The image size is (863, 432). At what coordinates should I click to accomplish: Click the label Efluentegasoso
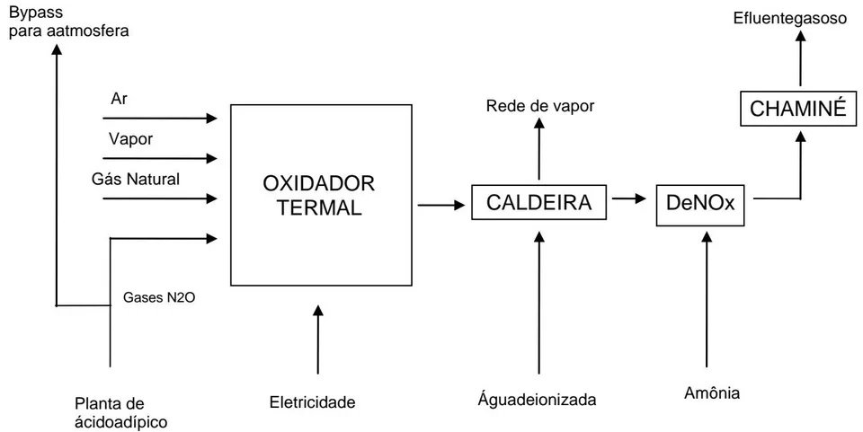tap(790, 18)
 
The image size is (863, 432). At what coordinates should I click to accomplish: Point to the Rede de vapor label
tap(540, 106)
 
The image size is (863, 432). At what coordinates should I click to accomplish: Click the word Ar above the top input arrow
tap(119, 101)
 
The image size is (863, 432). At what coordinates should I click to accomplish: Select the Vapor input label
tap(130, 139)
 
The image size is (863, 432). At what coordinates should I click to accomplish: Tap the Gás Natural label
tap(136, 179)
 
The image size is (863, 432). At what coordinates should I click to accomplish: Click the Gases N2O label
tap(160, 298)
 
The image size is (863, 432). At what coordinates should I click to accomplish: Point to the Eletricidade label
tap(312, 402)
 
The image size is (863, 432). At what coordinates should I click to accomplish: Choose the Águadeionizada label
tap(537, 400)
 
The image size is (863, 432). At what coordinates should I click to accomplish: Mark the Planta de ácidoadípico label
tap(121, 413)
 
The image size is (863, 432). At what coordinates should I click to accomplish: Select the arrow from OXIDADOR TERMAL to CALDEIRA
tap(441, 206)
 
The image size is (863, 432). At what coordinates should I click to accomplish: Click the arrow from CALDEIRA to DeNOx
tap(628, 198)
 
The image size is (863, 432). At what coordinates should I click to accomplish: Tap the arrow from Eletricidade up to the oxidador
tap(317, 339)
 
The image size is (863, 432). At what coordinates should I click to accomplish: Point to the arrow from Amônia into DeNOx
tap(707, 300)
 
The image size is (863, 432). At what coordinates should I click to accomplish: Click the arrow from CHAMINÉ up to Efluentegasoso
tap(801, 57)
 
